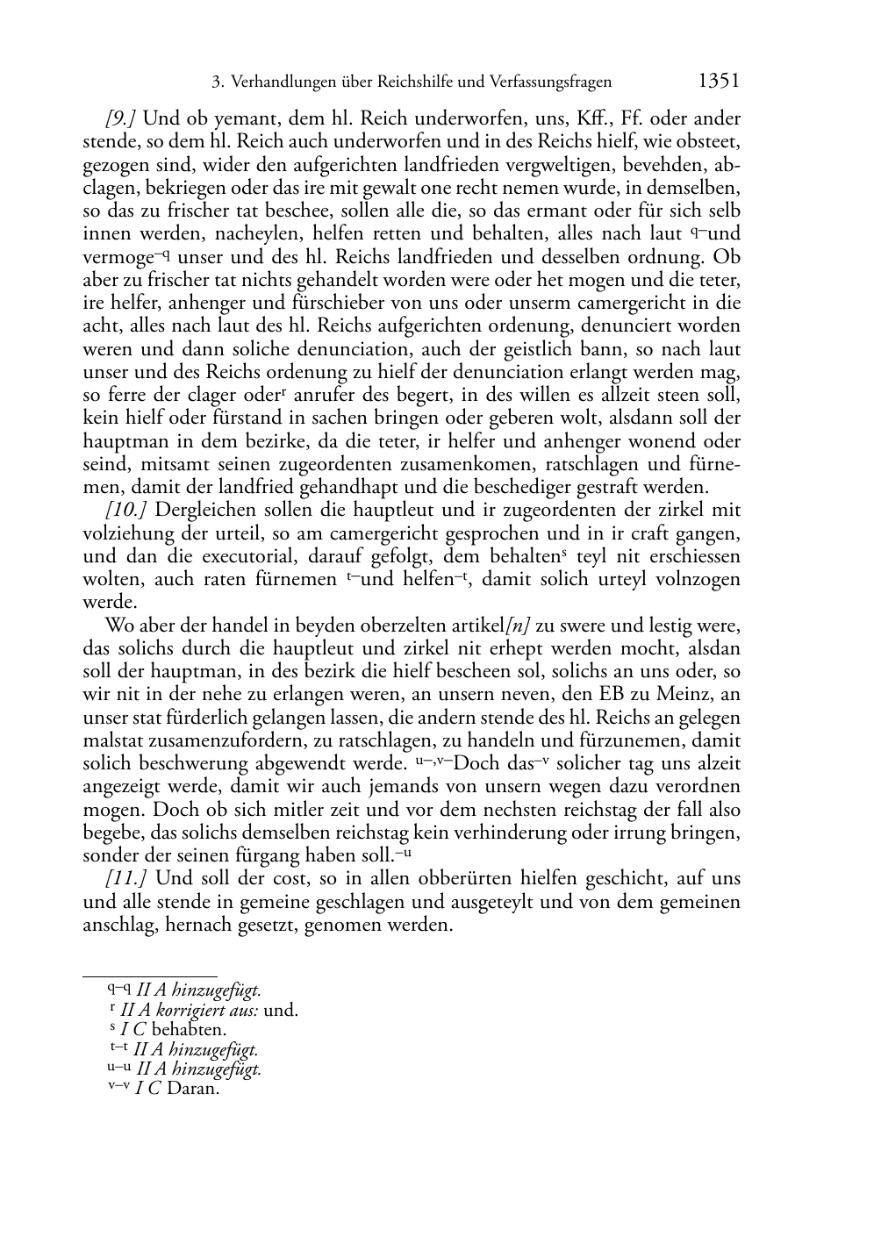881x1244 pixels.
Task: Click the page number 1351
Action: [719, 82]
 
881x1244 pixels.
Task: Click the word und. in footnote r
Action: [281, 1010]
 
